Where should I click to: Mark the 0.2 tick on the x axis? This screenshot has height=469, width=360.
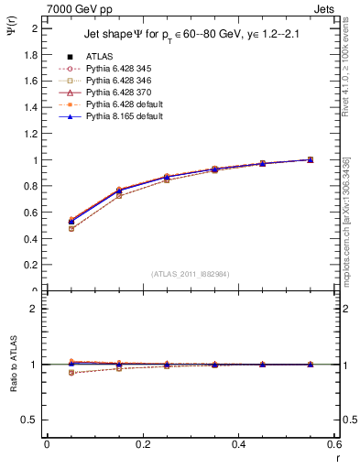tap(143, 445)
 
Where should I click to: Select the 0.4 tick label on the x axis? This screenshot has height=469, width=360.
tap(238, 445)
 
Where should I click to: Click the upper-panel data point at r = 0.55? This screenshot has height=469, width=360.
tap(310, 159)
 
